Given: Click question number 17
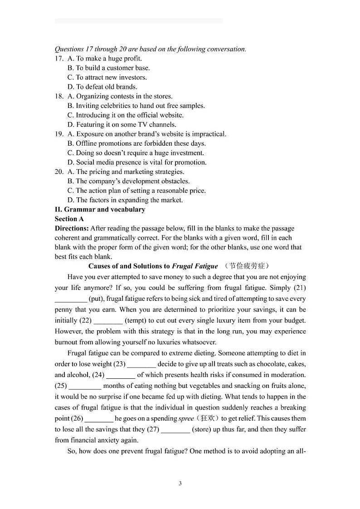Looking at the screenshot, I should click(x=58, y=59).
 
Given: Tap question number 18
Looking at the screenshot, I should click(x=58, y=96).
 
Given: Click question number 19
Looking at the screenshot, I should click(x=58, y=134).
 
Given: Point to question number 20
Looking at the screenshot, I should click(x=58, y=172).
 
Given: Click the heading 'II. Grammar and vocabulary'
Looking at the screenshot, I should click(x=100, y=210).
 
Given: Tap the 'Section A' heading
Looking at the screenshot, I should click(x=69, y=219).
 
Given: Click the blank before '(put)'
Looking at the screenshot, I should click(x=71, y=299).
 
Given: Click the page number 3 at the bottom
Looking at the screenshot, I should click(x=180, y=483).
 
